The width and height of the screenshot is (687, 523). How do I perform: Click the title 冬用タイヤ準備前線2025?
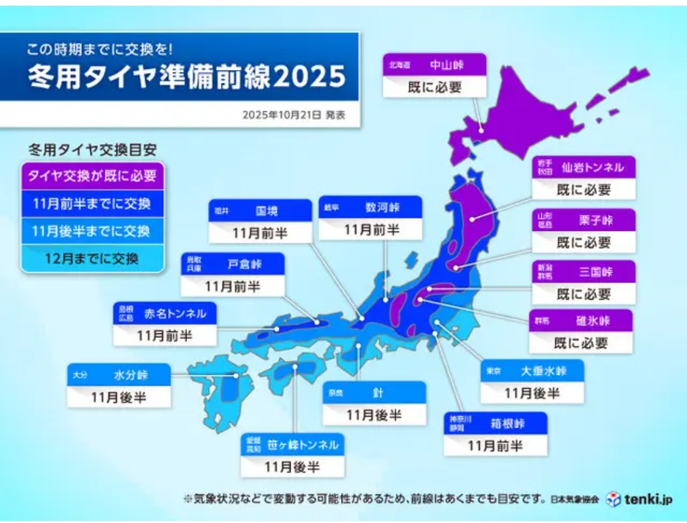coord(186,77)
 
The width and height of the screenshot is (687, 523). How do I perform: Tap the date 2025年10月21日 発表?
coord(293,115)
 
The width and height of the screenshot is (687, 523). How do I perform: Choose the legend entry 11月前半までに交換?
coord(92,204)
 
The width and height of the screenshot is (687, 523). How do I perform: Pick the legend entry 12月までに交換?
coord(92,259)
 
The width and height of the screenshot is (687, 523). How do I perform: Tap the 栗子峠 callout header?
coord(583,220)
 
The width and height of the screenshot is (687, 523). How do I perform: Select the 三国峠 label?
coord(583,272)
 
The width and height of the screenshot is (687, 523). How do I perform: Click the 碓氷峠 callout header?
coord(581,321)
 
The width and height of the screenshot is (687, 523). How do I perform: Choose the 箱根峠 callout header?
coord(496,423)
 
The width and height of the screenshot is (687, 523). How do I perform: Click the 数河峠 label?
coord(370,207)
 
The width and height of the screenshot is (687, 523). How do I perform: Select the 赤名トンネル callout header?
coord(165,313)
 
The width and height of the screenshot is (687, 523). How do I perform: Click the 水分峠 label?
coord(119,375)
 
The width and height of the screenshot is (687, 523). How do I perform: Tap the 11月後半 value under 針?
coord(374,415)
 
